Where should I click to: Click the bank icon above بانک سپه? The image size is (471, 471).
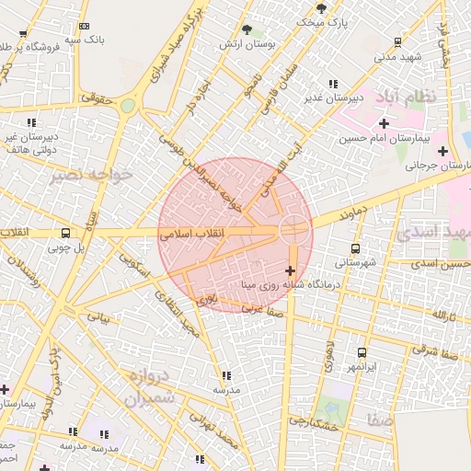85,27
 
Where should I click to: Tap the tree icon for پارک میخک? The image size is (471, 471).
320,7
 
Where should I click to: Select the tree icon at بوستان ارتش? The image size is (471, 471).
247,30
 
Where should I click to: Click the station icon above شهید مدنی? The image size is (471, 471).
397,41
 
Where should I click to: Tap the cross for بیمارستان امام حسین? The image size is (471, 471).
384,122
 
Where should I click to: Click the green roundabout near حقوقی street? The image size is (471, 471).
127,106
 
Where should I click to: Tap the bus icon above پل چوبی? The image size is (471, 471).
65,233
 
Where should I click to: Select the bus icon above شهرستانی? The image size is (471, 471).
356,248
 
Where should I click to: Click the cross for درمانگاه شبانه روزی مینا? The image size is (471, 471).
291,270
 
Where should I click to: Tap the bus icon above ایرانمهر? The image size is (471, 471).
362,352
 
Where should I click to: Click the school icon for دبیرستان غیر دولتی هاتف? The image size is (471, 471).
31,121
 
